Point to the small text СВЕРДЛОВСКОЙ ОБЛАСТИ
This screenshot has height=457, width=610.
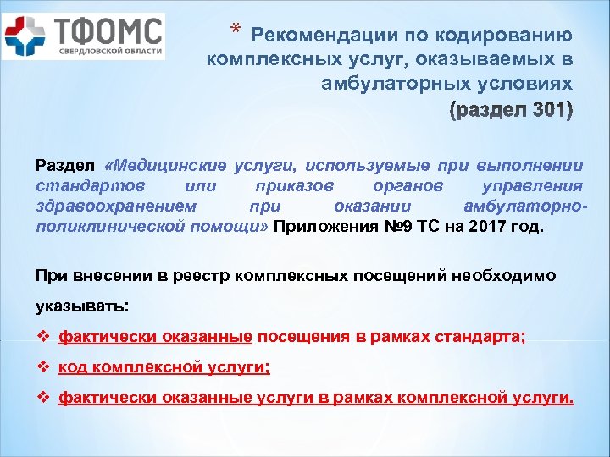point(109,52)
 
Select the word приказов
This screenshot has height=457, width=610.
point(294,186)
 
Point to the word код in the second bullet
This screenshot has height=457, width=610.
point(74,368)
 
